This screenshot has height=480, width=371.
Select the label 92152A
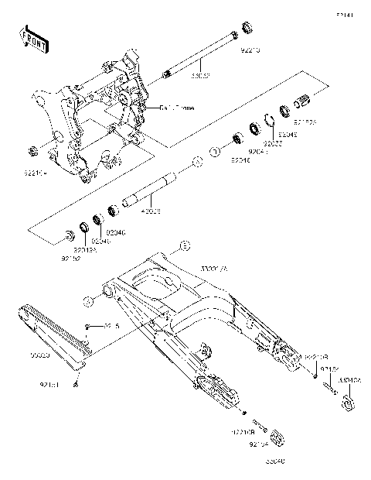click(x=304, y=122)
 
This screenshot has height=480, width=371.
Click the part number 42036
click(x=151, y=210)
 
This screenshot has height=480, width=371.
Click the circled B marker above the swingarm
click(x=184, y=247)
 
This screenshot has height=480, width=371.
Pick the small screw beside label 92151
click(x=77, y=382)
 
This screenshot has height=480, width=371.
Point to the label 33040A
click(x=352, y=381)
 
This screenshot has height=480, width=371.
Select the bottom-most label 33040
click(x=276, y=461)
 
